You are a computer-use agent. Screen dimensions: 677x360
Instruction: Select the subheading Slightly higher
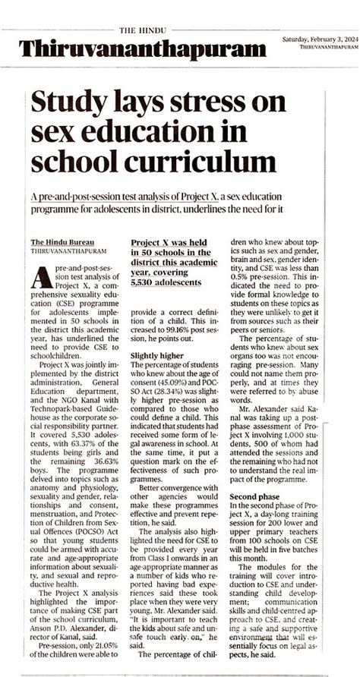(x=155, y=334)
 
